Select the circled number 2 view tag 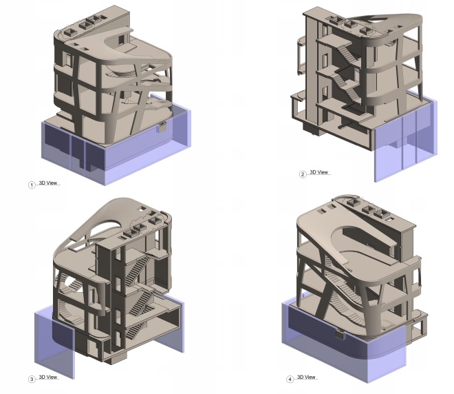pos(303,174)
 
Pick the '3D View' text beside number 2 pos(319,172)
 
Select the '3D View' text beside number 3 pos(48,377)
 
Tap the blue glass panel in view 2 pos(402,148)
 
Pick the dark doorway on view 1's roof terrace pos(121,40)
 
